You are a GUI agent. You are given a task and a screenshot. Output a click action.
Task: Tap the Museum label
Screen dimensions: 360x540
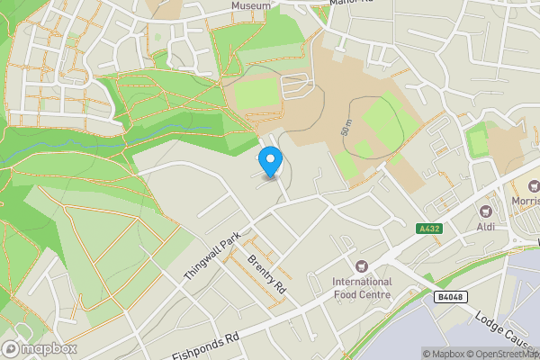point(250,5)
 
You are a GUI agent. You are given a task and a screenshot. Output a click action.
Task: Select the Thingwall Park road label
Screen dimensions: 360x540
point(212,255)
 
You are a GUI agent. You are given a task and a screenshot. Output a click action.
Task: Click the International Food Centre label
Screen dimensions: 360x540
point(362,287)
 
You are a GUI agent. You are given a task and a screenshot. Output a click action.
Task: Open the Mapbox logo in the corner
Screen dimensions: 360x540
point(40,348)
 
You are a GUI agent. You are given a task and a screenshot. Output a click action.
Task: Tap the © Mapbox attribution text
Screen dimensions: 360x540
point(442,353)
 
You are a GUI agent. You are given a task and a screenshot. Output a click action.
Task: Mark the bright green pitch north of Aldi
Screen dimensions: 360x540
point(477,140)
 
